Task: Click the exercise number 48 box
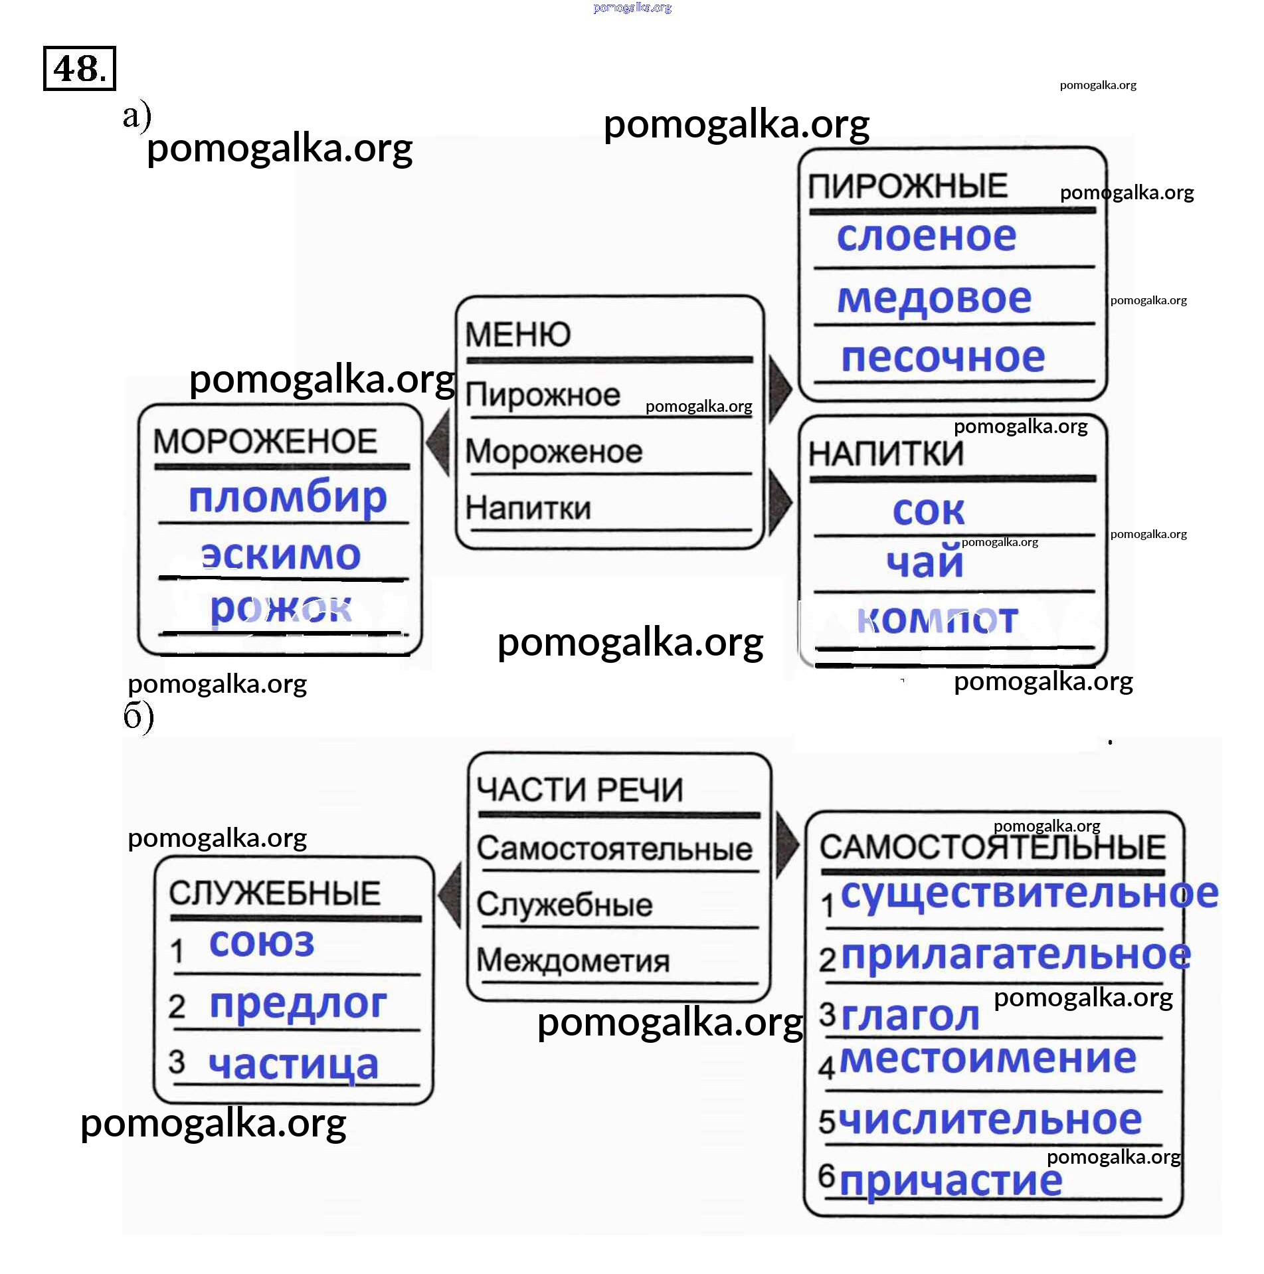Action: pyautogui.click(x=79, y=68)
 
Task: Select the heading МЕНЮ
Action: pyautogui.click(x=517, y=334)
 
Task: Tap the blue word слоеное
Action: pyautogui.click(x=927, y=236)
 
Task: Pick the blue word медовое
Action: pyautogui.click(x=934, y=298)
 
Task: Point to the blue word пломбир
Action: pyautogui.click(x=288, y=497)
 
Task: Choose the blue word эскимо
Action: pyautogui.click(x=281, y=555)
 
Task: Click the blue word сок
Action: pyautogui.click(x=929, y=511)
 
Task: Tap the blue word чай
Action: pyautogui.click(x=925, y=563)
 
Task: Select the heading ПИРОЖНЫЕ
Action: pyautogui.click(x=907, y=186)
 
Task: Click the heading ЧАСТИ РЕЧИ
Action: pyautogui.click(x=580, y=790)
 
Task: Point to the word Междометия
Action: pyautogui.click(x=573, y=960)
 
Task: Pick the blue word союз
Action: pyautogui.click(x=262, y=943)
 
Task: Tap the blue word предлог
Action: pyautogui.click(x=298, y=1004)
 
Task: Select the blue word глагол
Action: pyautogui.click(x=910, y=1016)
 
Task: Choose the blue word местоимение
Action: pyautogui.click(x=988, y=1059)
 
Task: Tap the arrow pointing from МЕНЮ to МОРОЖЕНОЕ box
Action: pyautogui.click(x=439, y=442)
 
